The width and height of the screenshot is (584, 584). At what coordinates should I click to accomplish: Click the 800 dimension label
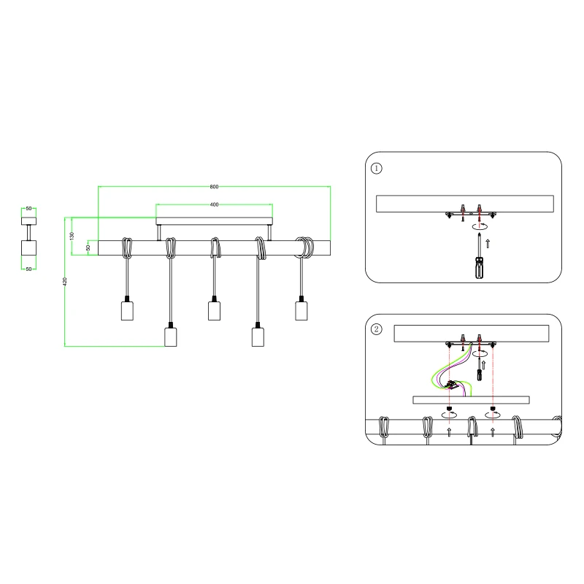[215, 186]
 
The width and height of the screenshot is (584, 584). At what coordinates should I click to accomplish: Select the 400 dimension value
[215, 205]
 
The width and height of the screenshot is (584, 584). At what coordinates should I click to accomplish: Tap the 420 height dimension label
[65, 281]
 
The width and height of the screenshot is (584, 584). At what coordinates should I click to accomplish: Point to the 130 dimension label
[72, 236]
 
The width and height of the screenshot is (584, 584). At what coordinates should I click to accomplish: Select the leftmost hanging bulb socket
[127, 310]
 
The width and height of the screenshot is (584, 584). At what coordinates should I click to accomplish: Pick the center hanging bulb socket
[214, 310]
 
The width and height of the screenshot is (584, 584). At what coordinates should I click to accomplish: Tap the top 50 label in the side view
[28, 209]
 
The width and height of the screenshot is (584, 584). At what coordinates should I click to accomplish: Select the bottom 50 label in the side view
[28, 269]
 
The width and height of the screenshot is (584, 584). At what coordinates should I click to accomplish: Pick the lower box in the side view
[28, 249]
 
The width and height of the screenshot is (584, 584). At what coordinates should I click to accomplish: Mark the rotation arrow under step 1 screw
[478, 227]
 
